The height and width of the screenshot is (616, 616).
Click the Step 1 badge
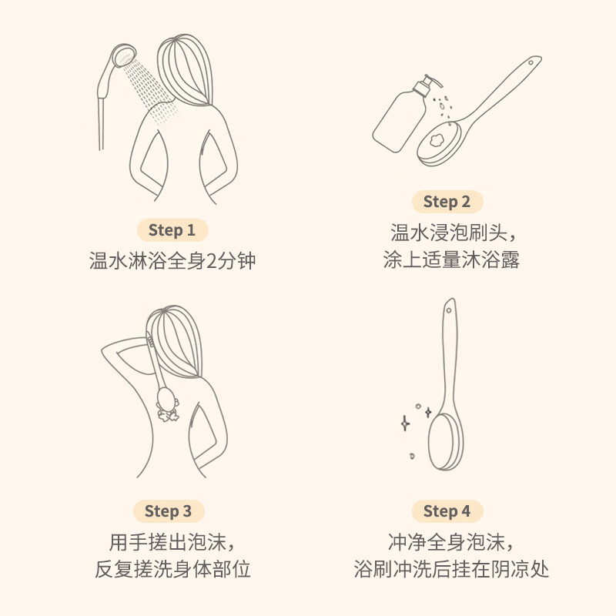(x=172, y=229)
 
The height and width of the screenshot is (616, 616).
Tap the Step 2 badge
(x=447, y=202)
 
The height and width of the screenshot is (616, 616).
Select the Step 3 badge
(x=168, y=511)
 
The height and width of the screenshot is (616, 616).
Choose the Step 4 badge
(x=447, y=511)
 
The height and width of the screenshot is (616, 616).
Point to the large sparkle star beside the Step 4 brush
(x=405, y=423)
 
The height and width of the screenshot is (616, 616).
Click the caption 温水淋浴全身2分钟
(x=172, y=261)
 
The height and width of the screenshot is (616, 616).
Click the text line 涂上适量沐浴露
(x=451, y=260)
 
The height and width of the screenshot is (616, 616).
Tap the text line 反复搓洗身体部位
(x=172, y=570)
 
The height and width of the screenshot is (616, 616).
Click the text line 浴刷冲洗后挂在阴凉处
(x=451, y=570)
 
